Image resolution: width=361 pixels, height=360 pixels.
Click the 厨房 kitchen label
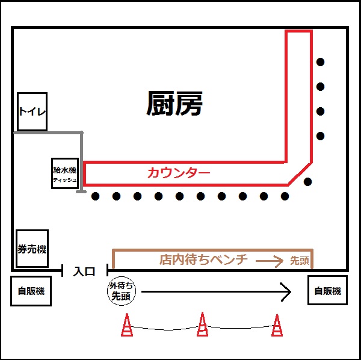point(174,104)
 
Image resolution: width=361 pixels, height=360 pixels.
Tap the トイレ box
point(32,111)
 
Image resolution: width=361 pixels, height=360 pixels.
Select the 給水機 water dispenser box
point(64,173)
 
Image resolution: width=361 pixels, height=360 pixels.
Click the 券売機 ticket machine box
point(32,249)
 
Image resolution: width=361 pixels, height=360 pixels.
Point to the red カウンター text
point(179,173)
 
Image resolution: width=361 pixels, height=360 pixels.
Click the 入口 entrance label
point(84,272)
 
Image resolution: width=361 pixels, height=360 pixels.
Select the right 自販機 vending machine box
point(327,291)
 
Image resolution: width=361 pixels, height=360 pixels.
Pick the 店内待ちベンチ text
point(203,260)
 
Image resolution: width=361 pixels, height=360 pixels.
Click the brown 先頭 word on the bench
point(299,261)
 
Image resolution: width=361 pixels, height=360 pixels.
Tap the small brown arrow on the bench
point(270,261)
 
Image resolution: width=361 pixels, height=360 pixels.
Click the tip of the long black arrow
point(291,293)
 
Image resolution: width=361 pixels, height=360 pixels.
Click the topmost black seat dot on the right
point(321,61)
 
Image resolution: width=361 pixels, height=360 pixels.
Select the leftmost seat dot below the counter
point(95,196)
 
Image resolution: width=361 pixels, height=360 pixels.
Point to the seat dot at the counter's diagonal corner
point(307,182)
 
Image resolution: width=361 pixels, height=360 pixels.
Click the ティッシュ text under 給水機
point(64,180)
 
